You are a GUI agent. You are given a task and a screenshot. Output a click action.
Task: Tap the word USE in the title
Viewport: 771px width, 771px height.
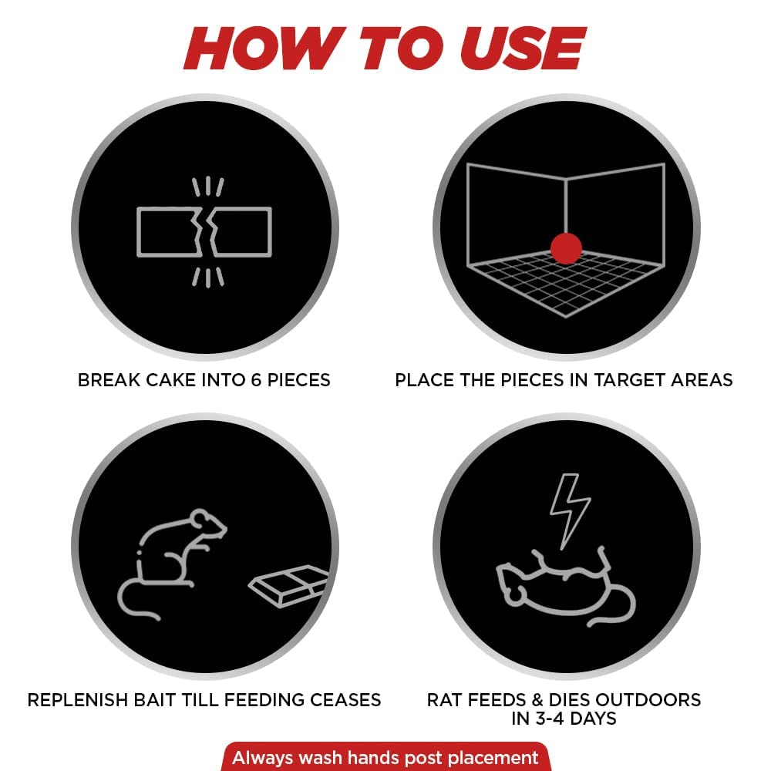(522, 48)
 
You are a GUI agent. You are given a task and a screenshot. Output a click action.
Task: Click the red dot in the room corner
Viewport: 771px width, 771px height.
(566, 248)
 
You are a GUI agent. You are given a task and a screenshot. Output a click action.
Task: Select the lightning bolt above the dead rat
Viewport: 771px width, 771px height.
(570, 511)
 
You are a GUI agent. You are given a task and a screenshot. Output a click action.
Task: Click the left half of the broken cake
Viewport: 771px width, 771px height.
(167, 232)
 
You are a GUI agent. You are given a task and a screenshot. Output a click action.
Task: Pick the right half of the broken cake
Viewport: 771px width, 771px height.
(241, 232)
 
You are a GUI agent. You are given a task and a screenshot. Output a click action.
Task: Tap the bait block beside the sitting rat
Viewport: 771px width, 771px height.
(288, 585)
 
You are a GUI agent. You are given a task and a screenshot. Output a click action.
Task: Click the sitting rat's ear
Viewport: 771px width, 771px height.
(200, 520)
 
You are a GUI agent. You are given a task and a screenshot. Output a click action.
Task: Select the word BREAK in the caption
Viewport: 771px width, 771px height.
(109, 380)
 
